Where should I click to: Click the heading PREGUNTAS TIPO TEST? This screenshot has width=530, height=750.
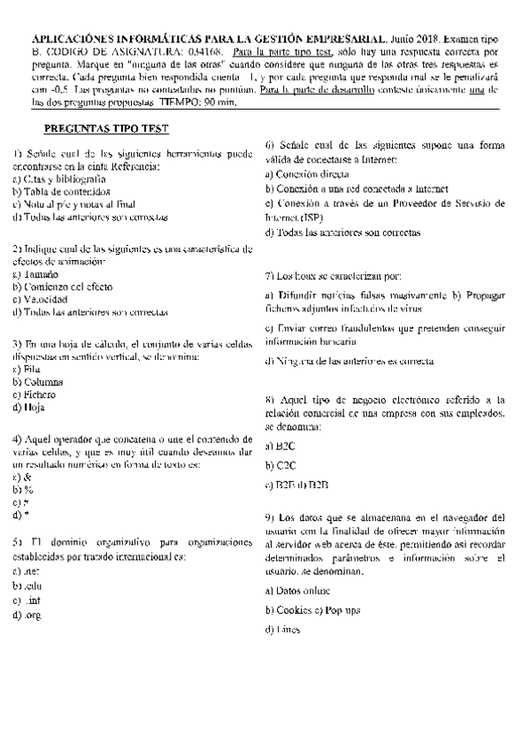click(x=105, y=128)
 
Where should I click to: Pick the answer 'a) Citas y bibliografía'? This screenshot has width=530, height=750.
click(x=58, y=179)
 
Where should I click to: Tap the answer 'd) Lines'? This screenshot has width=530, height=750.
click(x=284, y=631)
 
